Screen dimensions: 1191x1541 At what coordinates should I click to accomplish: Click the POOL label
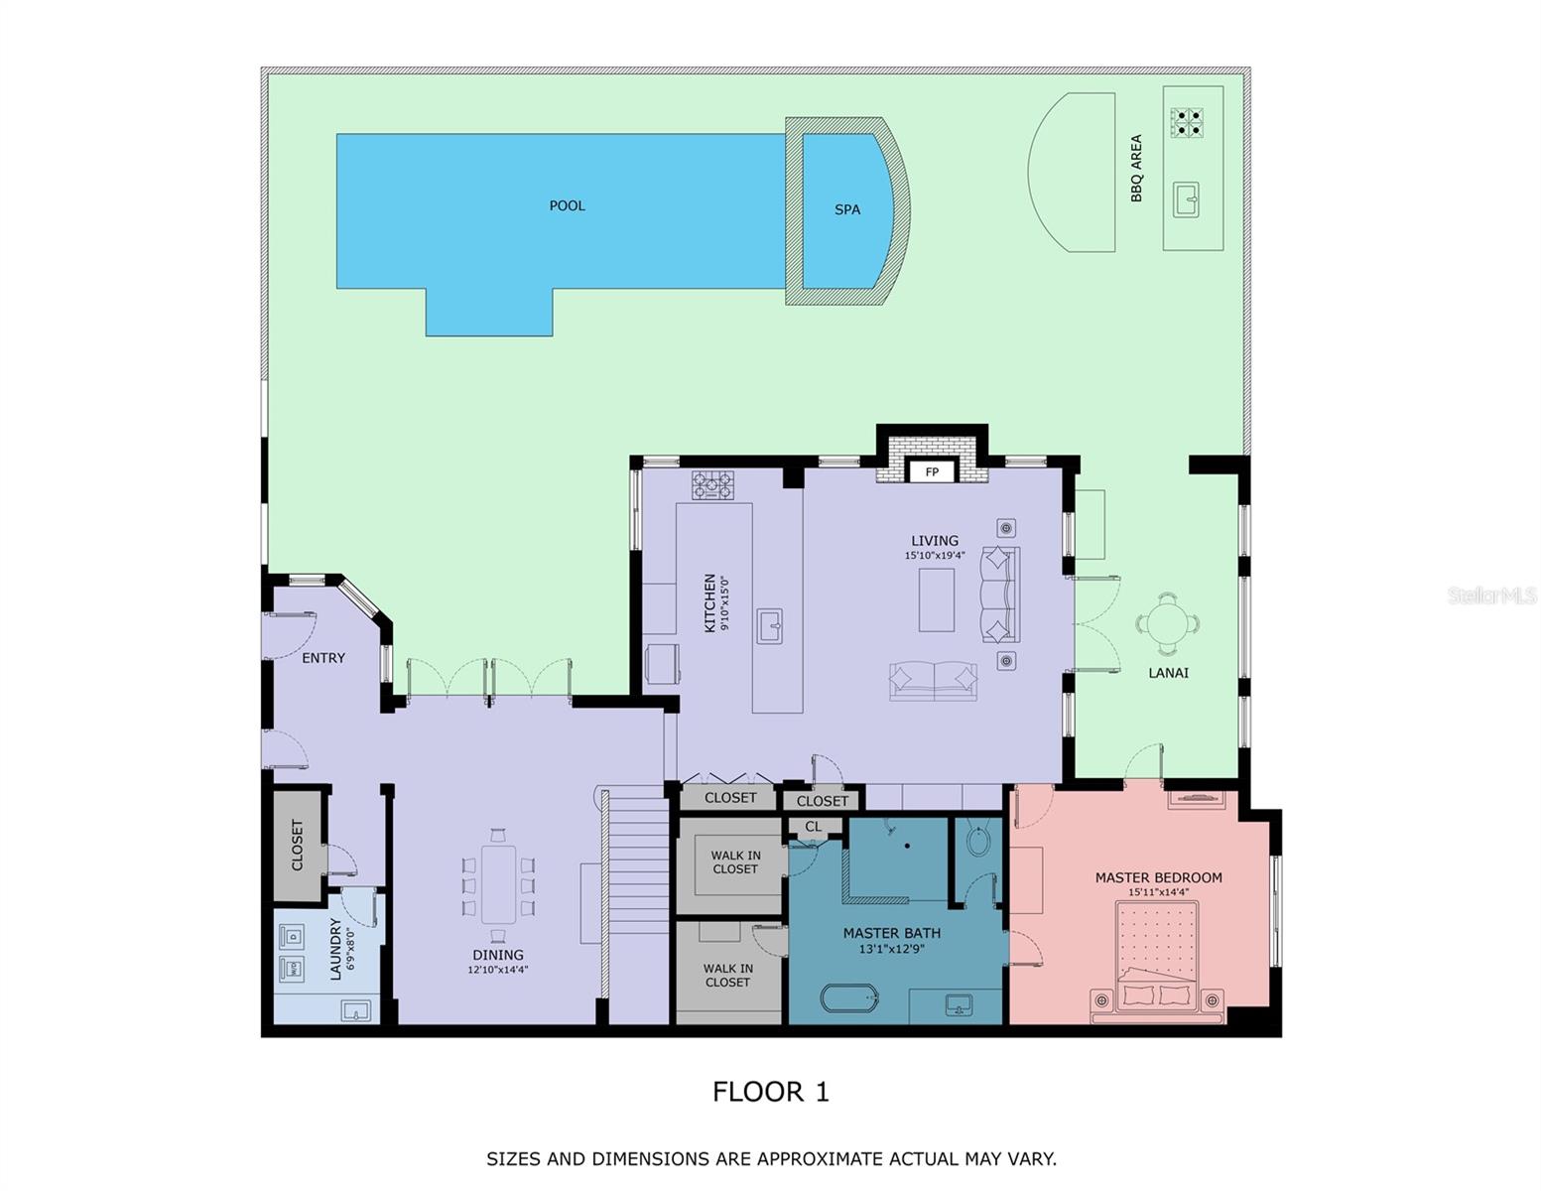[x=567, y=205]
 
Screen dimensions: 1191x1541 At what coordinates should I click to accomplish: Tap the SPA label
[x=846, y=209]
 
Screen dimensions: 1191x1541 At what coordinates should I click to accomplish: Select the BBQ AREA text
[x=1136, y=169]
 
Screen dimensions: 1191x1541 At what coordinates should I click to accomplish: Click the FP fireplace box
[x=931, y=472]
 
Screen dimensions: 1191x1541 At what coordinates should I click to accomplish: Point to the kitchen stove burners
[x=712, y=484]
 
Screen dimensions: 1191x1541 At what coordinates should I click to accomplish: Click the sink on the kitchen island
[x=769, y=626]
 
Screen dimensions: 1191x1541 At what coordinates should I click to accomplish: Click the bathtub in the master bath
[x=849, y=997]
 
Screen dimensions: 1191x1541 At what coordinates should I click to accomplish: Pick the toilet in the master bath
[x=976, y=843]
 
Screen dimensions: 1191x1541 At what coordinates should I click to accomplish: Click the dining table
[x=498, y=882]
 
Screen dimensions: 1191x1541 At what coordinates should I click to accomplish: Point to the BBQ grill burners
[x=1187, y=122]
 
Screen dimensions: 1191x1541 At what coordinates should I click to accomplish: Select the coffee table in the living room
[x=936, y=599]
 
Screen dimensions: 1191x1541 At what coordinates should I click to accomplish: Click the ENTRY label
[x=323, y=658]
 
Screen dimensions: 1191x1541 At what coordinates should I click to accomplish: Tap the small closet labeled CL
[x=814, y=826]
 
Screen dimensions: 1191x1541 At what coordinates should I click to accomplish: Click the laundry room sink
[x=355, y=1010]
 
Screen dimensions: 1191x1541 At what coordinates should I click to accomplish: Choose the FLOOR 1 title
[x=770, y=1092]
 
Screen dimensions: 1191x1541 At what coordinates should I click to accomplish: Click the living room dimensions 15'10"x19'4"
[x=934, y=556]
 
